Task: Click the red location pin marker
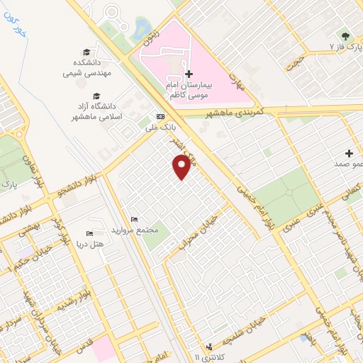click(x=182, y=167)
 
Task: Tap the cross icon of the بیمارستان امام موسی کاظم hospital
click(x=188, y=74)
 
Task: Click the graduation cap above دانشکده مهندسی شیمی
click(x=87, y=52)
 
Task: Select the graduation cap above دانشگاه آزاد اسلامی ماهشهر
click(x=96, y=96)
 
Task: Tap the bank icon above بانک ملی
click(x=160, y=116)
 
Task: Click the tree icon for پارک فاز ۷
click(x=345, y=35)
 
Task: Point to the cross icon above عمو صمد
click(x=349, y=153)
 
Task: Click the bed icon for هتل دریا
click(x=89, y=233)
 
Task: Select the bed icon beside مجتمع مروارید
click(x=135, y=220)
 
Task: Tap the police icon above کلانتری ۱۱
click(x=208, y=347)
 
